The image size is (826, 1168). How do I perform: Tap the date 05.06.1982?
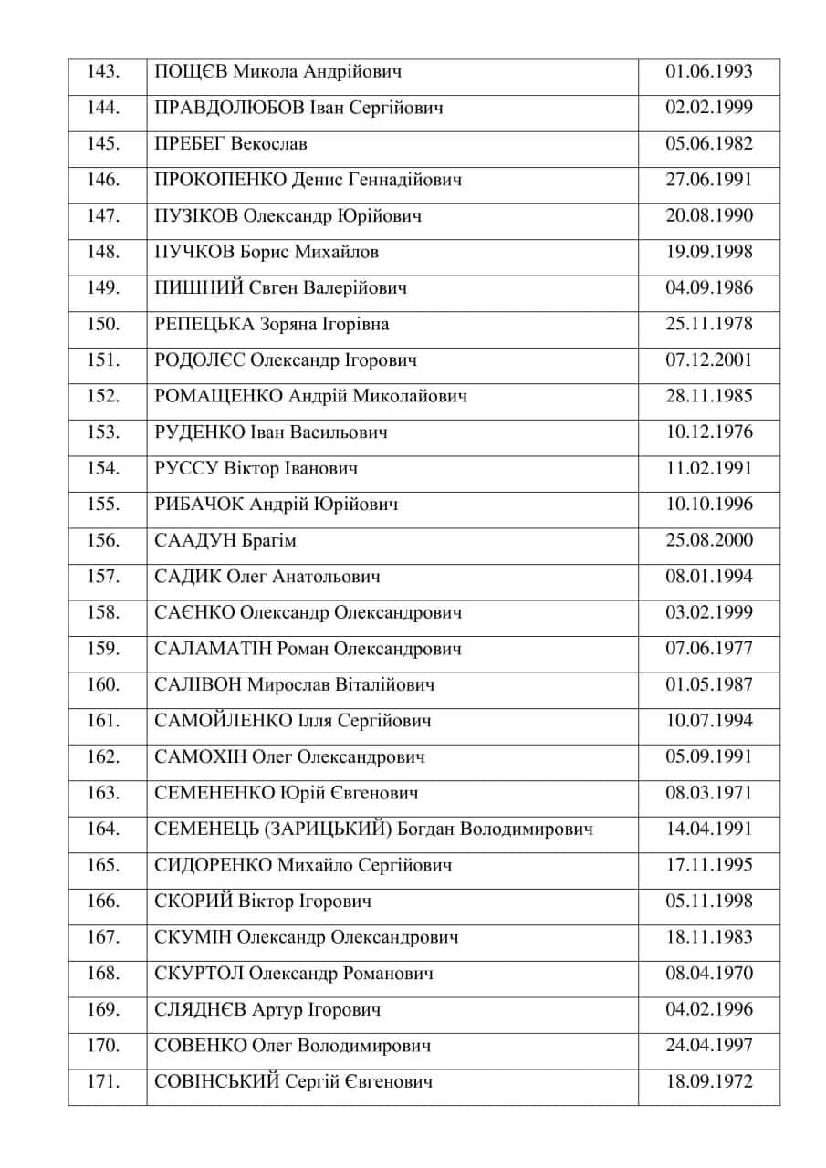coord(709,144)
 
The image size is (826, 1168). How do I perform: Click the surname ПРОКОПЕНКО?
coord(220,180)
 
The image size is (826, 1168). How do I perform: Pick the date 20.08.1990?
coord(709,216)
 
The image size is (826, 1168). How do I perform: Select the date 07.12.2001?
coord(709,360)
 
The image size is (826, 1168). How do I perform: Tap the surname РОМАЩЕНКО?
coord(219,396)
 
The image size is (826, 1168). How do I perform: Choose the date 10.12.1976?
coord(709,432)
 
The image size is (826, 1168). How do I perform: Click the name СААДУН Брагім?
coord(226,540)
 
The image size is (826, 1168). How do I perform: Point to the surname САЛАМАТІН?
coord(213,649)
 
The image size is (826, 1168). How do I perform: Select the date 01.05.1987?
coord(709,684)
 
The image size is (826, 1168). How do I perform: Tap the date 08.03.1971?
coord(709,793)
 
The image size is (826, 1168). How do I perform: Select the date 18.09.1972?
coord(709,1082)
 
